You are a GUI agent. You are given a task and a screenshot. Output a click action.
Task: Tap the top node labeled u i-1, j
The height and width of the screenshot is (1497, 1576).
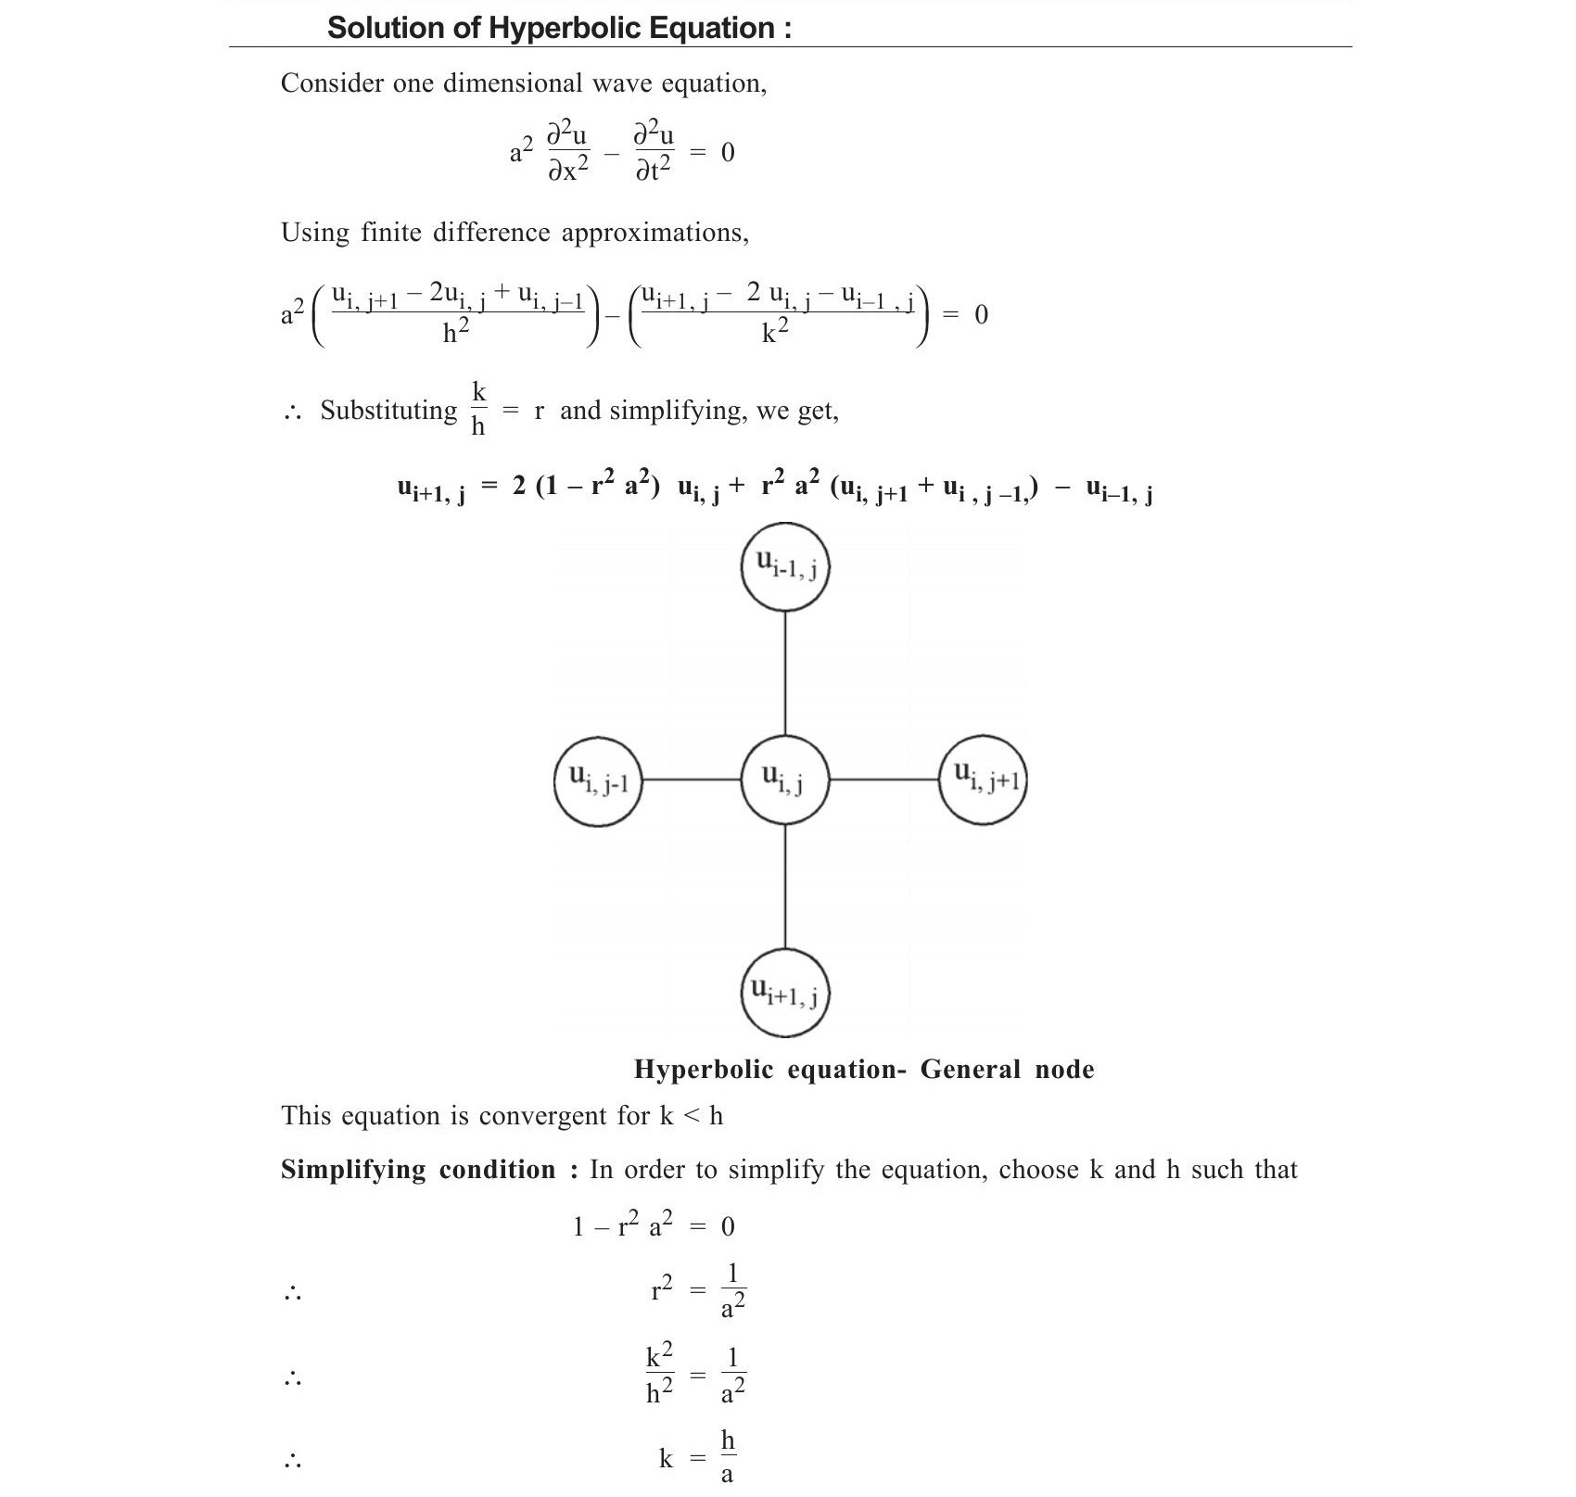[x=785, y=566]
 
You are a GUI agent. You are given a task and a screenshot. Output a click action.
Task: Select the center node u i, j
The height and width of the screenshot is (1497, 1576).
[x=785, y=780]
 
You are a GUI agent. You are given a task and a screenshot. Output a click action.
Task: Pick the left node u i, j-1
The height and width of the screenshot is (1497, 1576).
[x=598, y=780]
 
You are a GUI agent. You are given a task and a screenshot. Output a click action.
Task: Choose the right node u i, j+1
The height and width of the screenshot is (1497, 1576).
[x=983, y=779]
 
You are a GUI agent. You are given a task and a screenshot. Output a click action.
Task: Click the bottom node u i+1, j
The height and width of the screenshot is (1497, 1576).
[x=785, y=993]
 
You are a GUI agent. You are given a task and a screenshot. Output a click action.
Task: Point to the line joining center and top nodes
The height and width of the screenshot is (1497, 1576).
[x=785, y=673]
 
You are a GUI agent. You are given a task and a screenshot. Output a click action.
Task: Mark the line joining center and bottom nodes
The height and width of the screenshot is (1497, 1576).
[x=785, y=886]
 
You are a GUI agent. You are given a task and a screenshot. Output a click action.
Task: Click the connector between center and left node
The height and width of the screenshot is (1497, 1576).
[x=692, y=780]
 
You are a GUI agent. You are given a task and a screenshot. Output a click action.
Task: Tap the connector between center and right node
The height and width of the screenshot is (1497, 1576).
[x=883, y=780]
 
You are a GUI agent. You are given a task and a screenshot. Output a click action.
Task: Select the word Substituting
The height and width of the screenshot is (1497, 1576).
[x=388, y=410]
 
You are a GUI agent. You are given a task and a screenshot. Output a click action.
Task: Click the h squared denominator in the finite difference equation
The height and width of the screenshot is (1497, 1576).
[x=455, y=332]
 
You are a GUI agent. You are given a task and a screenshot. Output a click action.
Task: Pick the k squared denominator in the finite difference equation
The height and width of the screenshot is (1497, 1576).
[x=775, y=332]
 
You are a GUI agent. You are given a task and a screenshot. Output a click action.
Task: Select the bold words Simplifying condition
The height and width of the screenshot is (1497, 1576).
[x=418, y=1170]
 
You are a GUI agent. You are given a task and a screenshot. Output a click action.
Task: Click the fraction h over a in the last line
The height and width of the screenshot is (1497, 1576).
[x=728, y=1457]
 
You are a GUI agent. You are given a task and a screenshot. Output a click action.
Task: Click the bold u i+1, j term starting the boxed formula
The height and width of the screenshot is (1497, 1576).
[x=431, y=490]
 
